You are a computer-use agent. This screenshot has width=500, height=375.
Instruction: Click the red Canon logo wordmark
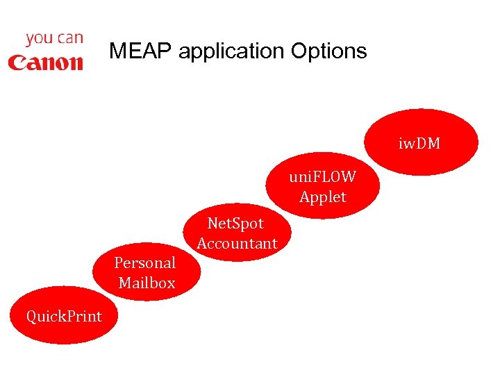[45, 62]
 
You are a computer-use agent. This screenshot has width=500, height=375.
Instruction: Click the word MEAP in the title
[140, 51]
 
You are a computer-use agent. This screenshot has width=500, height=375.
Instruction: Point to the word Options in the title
[329, 51]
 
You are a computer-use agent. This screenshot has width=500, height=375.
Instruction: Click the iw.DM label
[419, 144]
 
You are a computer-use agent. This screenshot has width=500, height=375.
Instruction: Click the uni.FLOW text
[322, 176]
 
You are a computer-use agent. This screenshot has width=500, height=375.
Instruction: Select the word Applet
[322, 197]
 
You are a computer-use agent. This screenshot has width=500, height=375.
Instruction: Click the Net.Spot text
[236, 223]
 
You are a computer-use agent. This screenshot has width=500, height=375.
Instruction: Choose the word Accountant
[237, 243]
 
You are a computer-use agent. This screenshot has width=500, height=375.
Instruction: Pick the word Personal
[145, 262]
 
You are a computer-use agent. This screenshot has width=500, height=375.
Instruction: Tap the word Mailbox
[147, 283]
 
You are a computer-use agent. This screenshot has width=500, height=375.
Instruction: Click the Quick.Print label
[64, 316]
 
